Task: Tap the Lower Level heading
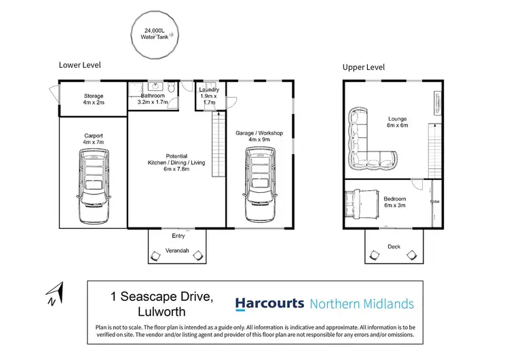(80, 65)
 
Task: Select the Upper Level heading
(364, 67)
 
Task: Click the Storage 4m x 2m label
(94, 99)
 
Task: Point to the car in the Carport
(94, 186)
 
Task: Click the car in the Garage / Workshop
(260, 185)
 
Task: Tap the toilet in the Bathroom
(172, 87)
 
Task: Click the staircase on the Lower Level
(219, 144)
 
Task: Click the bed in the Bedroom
(362, 204)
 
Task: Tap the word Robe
(434, 202)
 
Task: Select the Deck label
(394, 247)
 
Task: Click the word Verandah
(177, 251)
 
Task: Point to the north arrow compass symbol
(55, 293)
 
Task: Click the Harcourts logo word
(269, 304)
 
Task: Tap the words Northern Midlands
(362, 304)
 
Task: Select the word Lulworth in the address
(162, 312)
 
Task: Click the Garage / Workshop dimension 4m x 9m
(259, 139)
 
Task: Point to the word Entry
(178, 236)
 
